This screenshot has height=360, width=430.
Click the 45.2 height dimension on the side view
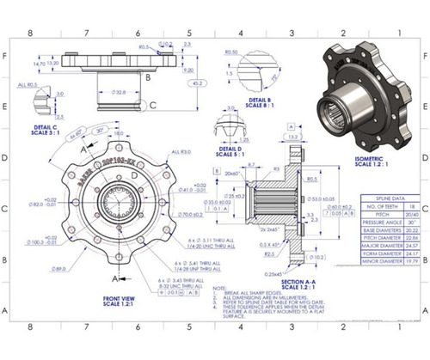pos(199,83)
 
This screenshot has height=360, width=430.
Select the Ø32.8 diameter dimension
pos(120,92)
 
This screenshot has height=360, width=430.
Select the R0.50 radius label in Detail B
pos(233,52)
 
